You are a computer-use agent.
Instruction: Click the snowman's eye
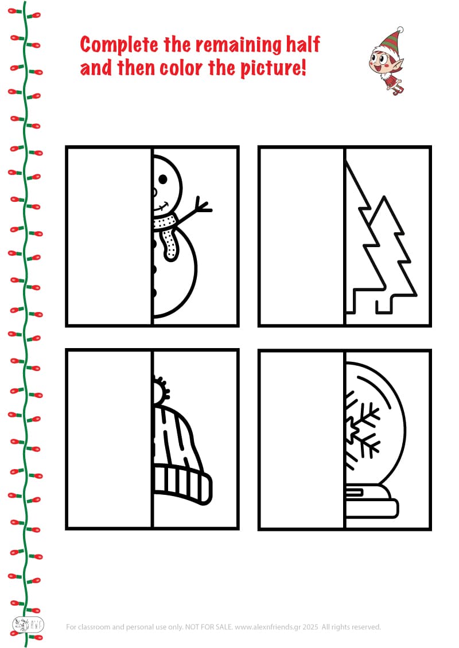pyautogui.click(x=163, y=179)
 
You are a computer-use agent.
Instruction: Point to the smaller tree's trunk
pyautogui.click(x=384, y=305)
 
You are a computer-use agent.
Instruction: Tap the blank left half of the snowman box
pyautogui.click(x=109, y=236)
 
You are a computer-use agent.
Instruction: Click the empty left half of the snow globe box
pyautogui.click(x=302, y=439)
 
